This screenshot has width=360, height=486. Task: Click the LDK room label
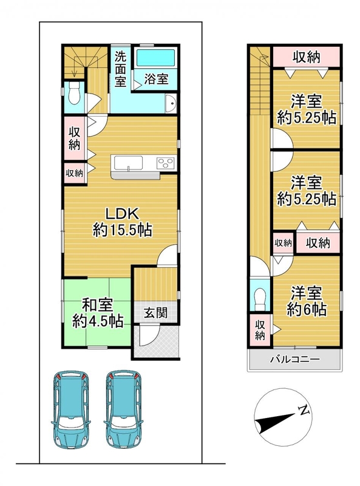point(122,222)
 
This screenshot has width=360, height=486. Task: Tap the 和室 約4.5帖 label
point(98,313)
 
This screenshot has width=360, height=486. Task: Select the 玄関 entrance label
point(155,313)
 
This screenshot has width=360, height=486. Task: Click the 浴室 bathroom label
point(157,79)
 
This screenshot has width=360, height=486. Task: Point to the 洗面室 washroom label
point(121,69)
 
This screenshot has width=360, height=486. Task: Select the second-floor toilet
point(260,299)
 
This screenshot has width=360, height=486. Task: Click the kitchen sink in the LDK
point(128,163)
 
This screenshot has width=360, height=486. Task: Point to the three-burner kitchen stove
point(166,163)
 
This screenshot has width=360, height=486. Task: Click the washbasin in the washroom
point(171,103)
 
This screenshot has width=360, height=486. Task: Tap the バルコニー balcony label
point(294,360)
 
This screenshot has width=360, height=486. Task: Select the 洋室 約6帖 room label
point(306,301)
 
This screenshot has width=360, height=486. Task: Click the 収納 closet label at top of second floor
point(307,56)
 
